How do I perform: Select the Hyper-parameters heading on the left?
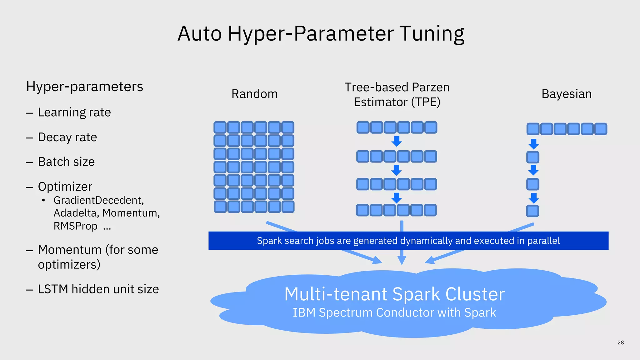(84, 87)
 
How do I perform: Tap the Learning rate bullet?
(74, 112)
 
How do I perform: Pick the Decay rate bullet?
(67, 137)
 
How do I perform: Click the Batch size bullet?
(66, 162)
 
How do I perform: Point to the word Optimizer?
(65, 187)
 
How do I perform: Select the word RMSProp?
(75, 226)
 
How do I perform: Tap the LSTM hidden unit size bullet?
(98, 289)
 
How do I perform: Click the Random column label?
(254, 94)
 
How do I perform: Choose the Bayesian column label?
(566, 94)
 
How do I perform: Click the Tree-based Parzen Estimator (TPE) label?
(397, 95)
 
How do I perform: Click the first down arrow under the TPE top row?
(397, 141)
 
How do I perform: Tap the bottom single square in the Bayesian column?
(532, 211)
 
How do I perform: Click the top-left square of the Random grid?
(220, 127)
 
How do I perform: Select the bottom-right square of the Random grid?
(287, 207)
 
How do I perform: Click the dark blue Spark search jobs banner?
(408, 241)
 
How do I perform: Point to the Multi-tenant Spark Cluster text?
(394, 294)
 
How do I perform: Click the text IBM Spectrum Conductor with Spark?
(394, 313)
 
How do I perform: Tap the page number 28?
(620, 342)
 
